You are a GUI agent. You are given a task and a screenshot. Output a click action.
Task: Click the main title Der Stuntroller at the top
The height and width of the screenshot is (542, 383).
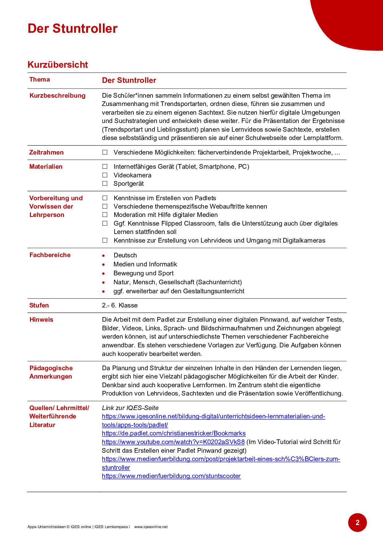(x=73, y=28)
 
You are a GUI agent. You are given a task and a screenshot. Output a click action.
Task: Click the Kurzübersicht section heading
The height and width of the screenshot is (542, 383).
(x=58, y=65)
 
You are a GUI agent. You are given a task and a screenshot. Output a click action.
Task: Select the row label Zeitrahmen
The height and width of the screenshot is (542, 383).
(x=46, y=152)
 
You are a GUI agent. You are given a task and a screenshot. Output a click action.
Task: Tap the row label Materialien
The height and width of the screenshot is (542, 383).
(x=46, y=167)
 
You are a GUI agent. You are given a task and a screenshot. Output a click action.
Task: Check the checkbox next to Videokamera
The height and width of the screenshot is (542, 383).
(x=105, y=175)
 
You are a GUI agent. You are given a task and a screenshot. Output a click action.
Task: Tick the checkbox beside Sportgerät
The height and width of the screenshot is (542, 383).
(x=105, y=184)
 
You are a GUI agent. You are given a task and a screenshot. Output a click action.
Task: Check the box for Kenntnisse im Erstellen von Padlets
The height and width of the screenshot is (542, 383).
(x=105, y=198)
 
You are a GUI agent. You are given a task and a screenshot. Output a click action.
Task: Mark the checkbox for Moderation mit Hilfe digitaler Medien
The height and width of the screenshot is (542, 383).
(x=105, y=215)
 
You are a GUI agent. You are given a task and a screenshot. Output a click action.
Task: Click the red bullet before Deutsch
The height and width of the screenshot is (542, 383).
(x=103, y=256)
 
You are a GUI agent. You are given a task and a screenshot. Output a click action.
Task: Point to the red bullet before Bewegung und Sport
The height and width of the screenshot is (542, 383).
(x=103, y=273)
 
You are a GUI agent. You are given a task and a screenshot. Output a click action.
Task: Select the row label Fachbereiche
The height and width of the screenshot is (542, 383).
(x=50, y=255)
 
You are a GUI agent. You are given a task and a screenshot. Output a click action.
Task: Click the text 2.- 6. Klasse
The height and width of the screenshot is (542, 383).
(x=120, y=305)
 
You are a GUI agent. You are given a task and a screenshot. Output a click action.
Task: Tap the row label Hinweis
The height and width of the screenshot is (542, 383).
(x=41, y=320)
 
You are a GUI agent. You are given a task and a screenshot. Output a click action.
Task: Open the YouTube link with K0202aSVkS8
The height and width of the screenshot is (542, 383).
(x=173, y=442)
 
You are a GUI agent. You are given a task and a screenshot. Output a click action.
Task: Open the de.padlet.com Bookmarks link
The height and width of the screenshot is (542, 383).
(x=174, y=433)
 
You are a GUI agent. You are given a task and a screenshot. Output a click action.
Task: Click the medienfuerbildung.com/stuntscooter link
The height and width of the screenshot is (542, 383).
(x=171, y=476)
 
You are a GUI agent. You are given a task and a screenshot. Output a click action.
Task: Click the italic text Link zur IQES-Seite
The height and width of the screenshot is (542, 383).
(x=130, y=408)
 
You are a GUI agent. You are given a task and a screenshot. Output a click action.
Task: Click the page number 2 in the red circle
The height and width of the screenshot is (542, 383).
(x=357, y=523)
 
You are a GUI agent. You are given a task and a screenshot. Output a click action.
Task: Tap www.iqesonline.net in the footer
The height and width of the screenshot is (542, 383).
(x=151, y=527)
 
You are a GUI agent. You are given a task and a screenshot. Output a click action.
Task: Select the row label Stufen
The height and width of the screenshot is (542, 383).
(x=39, y=305)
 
